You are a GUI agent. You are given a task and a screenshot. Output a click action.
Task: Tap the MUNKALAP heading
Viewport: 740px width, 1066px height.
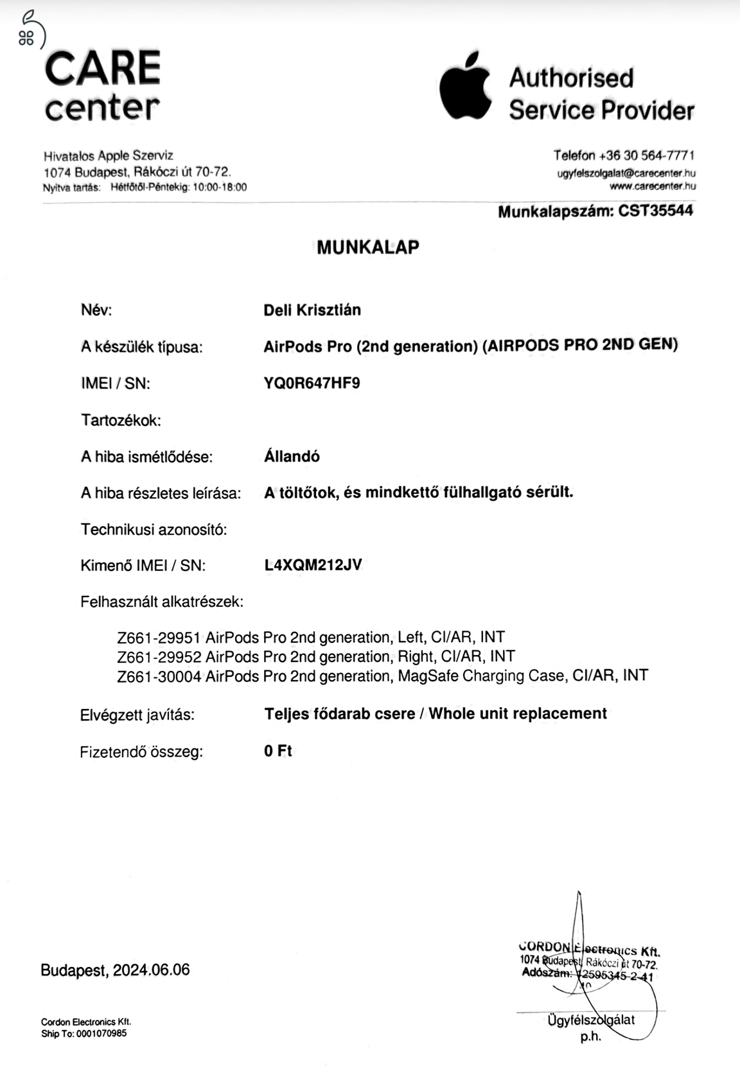(x=368, y=247)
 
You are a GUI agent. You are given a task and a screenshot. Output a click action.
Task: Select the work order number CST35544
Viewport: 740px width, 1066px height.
(x=655, y=211)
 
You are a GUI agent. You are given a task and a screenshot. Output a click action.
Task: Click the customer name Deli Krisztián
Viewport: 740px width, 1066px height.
(x=312, y=310)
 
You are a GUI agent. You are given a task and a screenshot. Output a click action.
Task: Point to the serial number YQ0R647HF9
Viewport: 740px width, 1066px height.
(x=312, y=383)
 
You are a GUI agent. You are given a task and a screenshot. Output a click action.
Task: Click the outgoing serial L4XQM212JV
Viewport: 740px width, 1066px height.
(x=313, y=565)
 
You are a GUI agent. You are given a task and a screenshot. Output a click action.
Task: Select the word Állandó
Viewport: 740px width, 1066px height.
(x=292, y=457)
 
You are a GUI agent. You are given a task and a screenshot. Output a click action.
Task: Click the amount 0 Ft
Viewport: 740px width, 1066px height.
(x=277, y=751)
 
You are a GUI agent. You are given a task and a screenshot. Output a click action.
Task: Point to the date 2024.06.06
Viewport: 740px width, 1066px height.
(x=152, y=970)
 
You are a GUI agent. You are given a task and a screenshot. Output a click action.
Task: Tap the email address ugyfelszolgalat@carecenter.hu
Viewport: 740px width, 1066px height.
(x=626, y=173)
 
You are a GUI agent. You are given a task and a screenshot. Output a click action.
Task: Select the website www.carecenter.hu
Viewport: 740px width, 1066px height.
(x=653, y=186)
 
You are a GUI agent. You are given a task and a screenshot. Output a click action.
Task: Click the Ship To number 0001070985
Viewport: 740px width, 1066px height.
(x=102, y=1033)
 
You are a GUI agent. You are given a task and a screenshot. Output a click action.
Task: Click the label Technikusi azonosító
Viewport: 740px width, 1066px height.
(x=154, y=530)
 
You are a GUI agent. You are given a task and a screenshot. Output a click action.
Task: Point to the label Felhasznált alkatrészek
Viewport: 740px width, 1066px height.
(x=162, y=602)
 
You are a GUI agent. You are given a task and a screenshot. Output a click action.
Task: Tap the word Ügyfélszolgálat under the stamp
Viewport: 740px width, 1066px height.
(x=591, y=1019)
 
